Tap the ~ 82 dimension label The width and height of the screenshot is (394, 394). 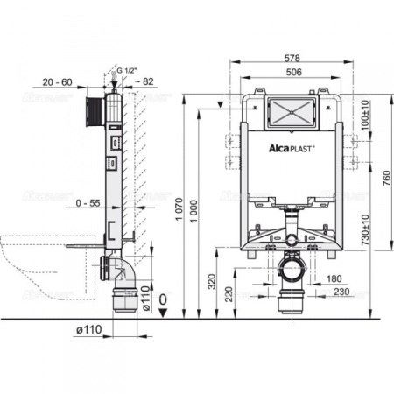tap(144, 81)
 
